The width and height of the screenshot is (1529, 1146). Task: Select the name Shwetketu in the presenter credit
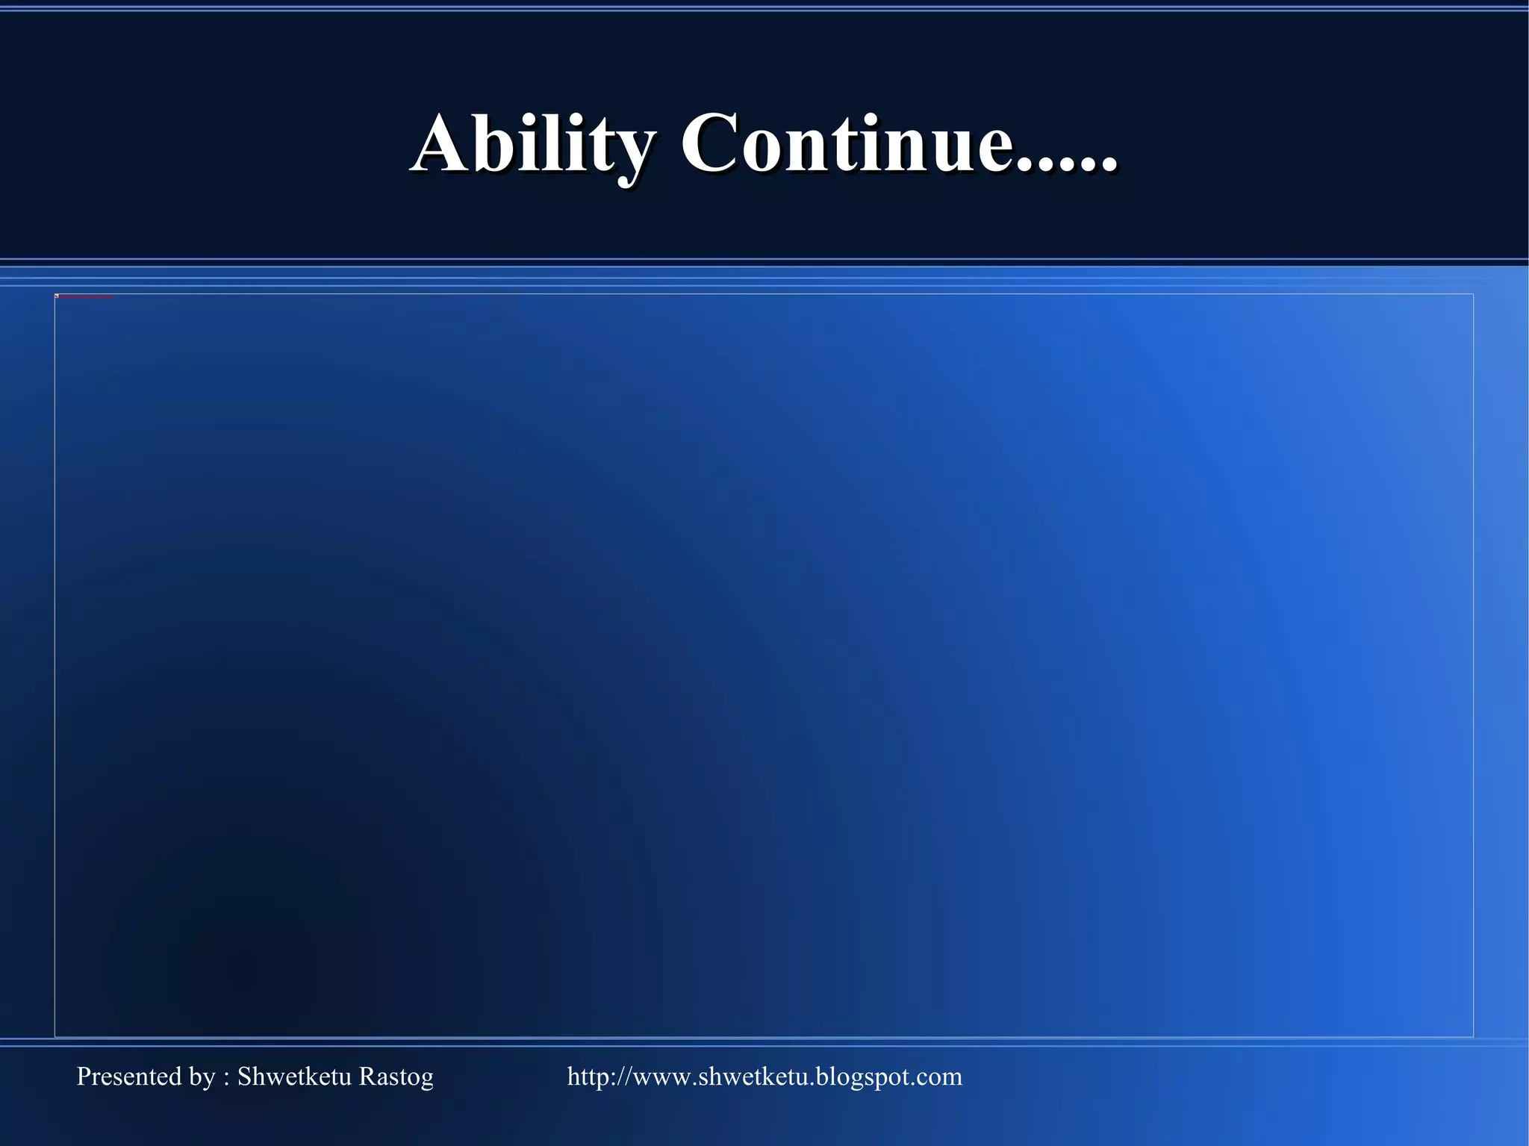294,1077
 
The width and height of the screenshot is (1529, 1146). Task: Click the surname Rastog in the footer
396,1077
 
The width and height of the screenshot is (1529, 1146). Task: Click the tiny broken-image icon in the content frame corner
57,296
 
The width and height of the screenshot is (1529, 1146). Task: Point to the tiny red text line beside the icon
86,297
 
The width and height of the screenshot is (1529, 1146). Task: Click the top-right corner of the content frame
1473,294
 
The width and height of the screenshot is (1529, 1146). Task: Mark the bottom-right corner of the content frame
1473,1036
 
